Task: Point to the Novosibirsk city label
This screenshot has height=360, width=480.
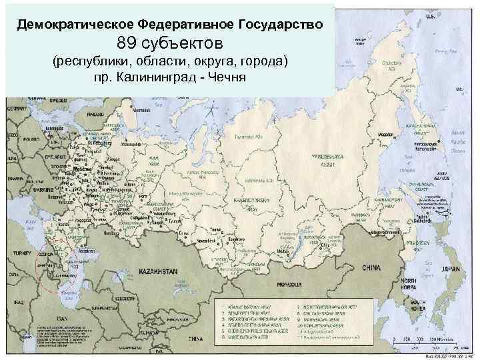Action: click(205, 238)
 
